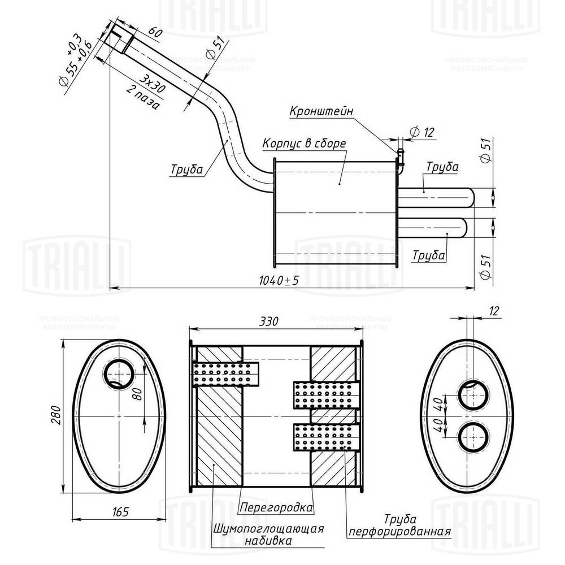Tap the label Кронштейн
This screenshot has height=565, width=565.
(x=321, y=111)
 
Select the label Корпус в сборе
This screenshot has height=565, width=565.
(x=303, y=144)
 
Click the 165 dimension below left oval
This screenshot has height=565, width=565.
(x=120, y=512)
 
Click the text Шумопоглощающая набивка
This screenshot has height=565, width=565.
(x=268, y=534)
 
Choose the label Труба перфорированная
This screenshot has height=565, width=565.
(x=400, y=525)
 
